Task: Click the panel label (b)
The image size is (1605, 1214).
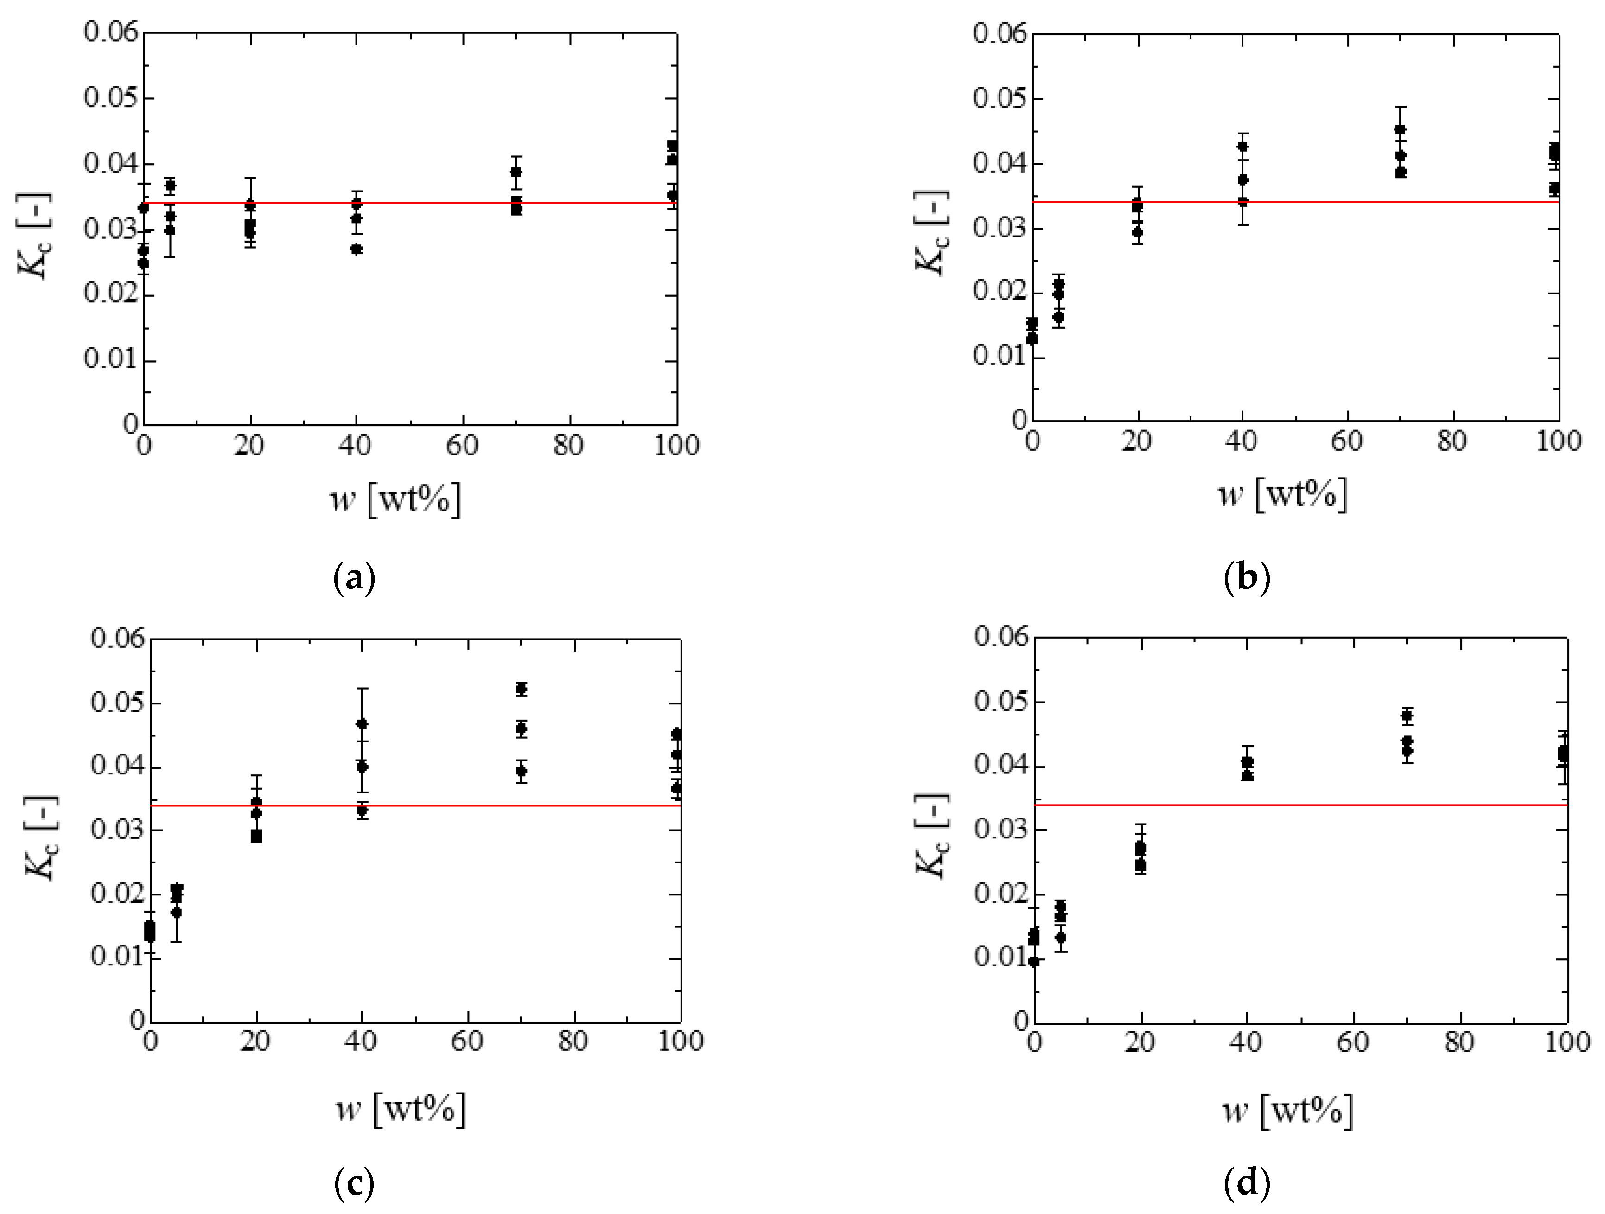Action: [x=1247, y=578]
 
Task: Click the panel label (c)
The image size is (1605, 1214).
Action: [x=354, y=1184]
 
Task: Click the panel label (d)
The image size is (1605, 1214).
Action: [x=1247, y=1184]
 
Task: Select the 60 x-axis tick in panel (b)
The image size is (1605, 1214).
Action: [x=1347, y=441]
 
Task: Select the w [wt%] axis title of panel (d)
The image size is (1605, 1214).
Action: [x=1287, y=1110]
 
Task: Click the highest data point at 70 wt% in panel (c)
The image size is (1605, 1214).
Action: [x=521, y=689]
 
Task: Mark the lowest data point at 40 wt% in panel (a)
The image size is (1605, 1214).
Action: [x=356, y=249]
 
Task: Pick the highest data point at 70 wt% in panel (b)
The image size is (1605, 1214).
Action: [x=1401, y=130]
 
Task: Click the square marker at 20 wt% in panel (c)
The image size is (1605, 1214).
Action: [x=256, y=836]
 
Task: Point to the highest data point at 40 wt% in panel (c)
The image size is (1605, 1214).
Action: [x=362, y=723]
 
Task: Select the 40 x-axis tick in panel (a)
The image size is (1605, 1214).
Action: [x=355, y=445]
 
